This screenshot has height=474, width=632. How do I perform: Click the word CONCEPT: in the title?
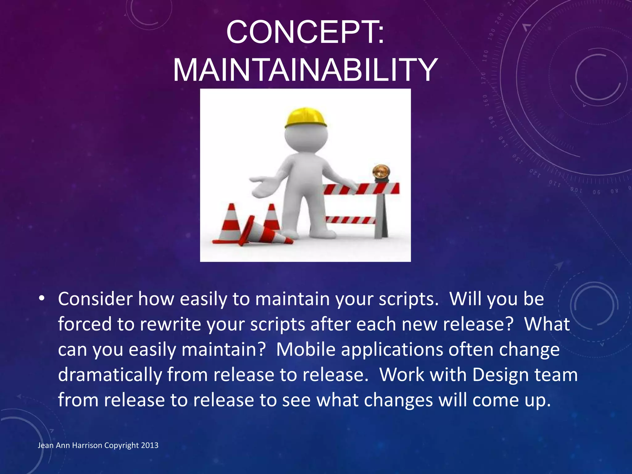(x=305, y=32)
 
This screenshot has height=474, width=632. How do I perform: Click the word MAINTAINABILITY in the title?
(x=305, y=70)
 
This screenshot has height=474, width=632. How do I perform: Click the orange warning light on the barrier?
(x=381, y=172)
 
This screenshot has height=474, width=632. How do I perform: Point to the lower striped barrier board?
(x=350, y=220)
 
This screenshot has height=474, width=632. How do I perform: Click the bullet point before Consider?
(x=42, y=299)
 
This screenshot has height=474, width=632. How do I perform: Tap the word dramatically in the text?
(x=110, y=375)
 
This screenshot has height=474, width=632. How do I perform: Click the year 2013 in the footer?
(x=150, y=445)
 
